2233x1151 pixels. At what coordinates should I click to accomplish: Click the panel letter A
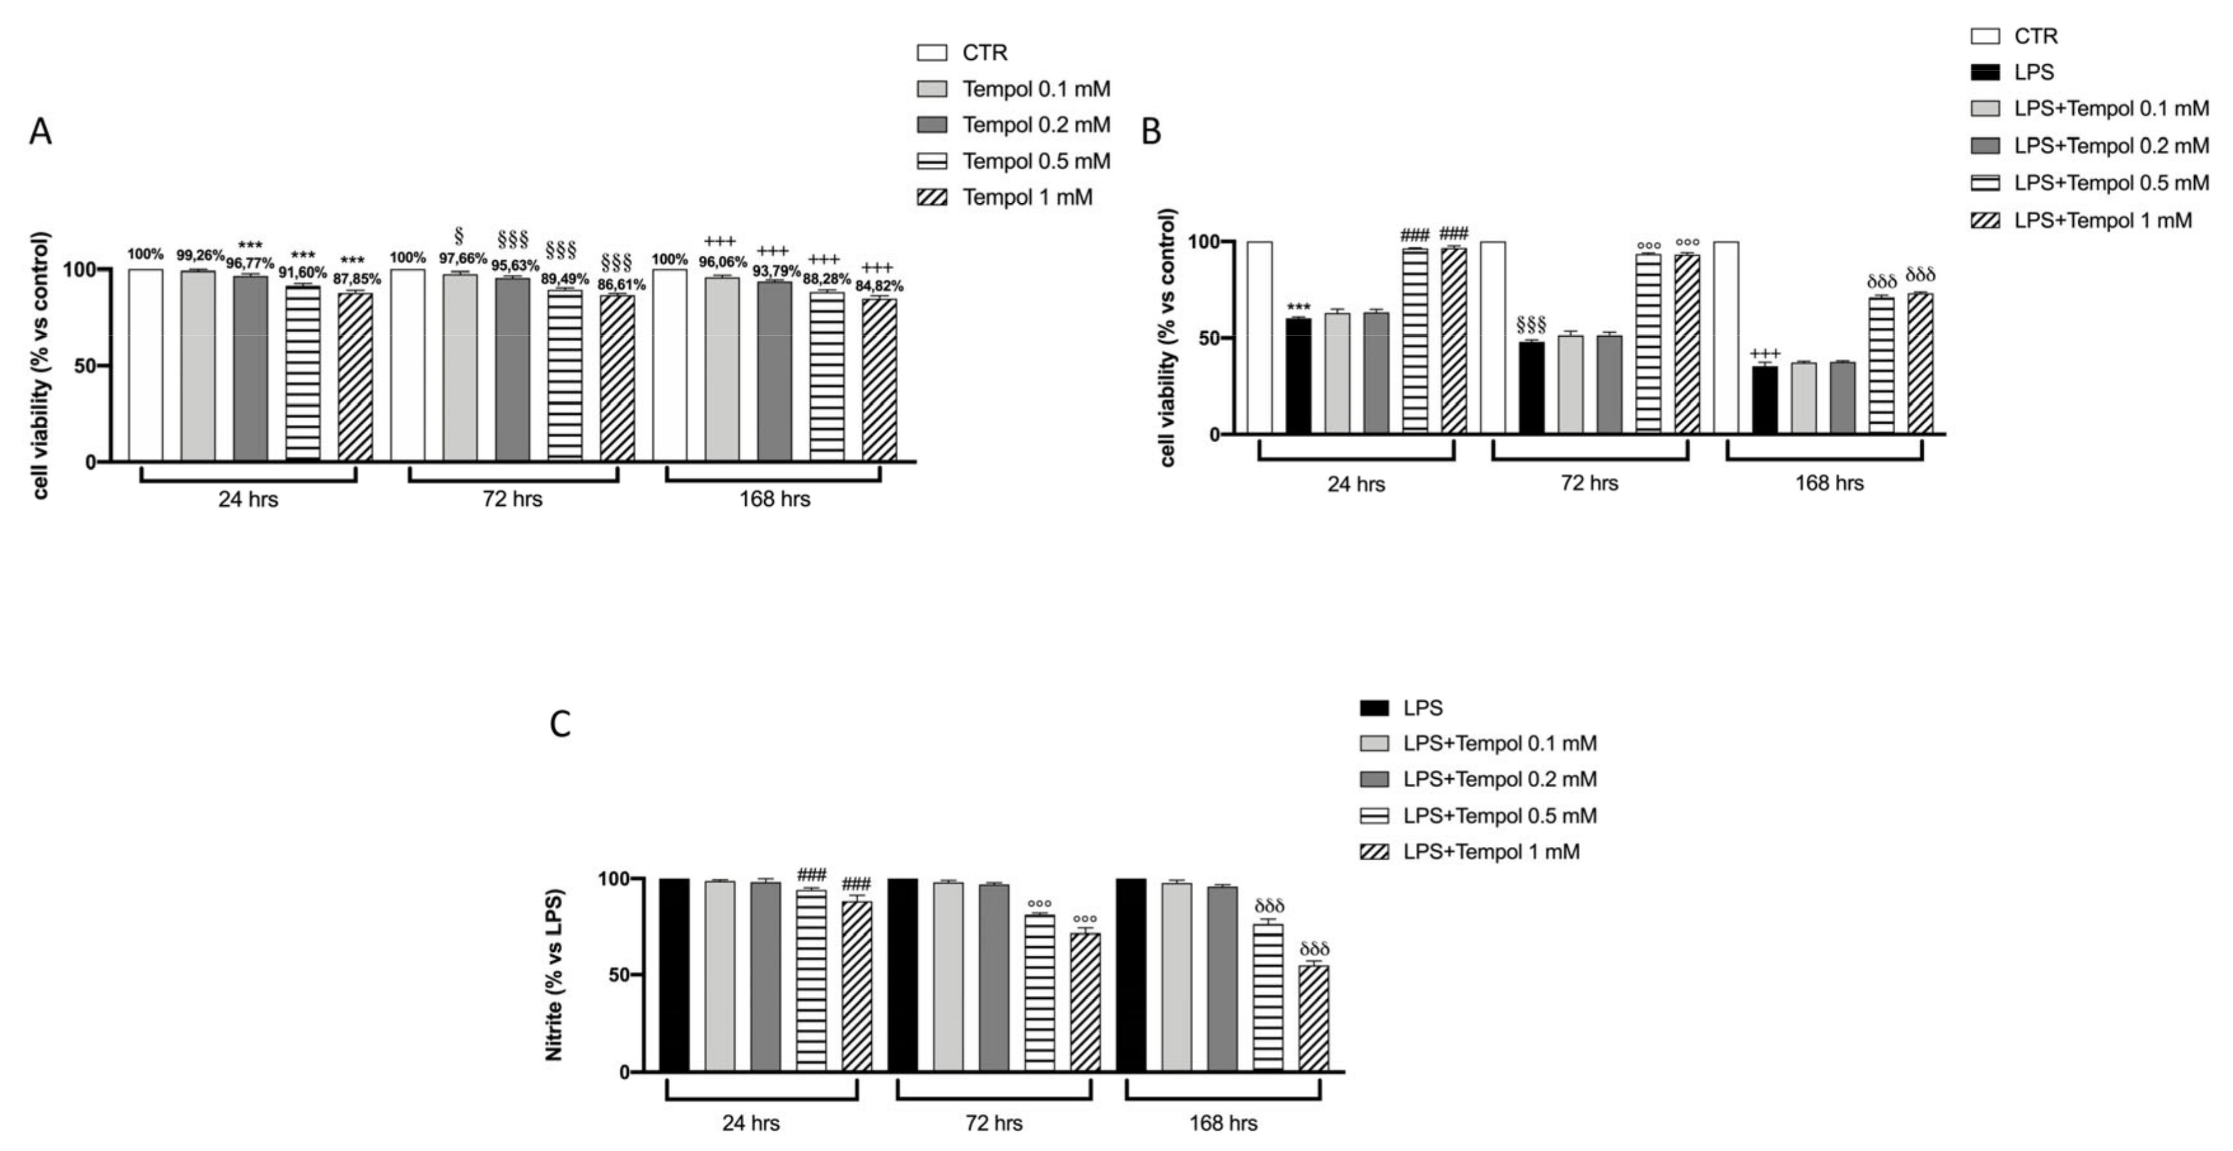[x=40, y=132]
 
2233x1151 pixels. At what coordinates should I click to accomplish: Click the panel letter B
[x=1151, y=132]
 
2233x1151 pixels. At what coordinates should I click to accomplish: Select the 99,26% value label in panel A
[x=199, y=256]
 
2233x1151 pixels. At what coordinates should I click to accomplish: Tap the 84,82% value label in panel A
[x=879, y=286]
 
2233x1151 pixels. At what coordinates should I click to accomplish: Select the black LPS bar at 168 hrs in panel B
[x=1765, y=400]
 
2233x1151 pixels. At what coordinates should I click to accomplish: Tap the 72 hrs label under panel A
[x=512, y=499]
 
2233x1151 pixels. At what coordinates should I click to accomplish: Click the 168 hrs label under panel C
[x=1222, y=1123]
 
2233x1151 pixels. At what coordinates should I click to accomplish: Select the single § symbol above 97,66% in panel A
[x=459, y=237]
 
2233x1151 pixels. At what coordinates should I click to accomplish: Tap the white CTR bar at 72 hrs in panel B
[x=1493, y=338]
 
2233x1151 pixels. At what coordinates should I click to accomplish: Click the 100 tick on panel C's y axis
[x=612, y=879]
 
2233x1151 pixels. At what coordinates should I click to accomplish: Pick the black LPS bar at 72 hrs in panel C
[x=902, y=975]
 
